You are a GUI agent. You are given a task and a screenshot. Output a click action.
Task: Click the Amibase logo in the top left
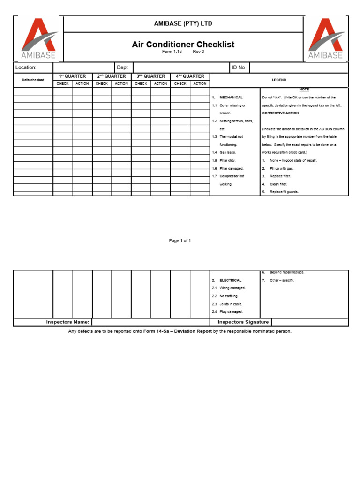(38, 39)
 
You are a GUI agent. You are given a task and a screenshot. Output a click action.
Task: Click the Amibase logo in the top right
(325, 39)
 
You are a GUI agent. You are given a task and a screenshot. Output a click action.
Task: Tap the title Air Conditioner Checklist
(183, 45)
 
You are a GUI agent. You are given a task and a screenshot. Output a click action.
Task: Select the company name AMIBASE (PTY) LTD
(183, 23)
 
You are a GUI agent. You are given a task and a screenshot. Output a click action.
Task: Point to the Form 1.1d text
(172, 52)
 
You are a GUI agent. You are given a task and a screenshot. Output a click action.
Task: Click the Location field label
(26, 67)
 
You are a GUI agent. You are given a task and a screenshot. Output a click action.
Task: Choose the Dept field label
(122, 67)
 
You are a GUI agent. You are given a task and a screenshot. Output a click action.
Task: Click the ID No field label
(238, 67)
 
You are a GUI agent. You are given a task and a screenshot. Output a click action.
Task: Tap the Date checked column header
(33, 80)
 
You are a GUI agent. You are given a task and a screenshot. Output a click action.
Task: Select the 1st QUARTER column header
(72, 76)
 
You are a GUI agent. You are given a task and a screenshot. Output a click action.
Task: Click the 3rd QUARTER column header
(150, 76)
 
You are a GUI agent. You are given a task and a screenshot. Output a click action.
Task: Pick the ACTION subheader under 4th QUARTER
(200, 84)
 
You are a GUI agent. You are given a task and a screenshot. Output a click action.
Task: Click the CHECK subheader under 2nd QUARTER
(102, 84)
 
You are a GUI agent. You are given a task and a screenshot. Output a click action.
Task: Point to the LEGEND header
(279, 80)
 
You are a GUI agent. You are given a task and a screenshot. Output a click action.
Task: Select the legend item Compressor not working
(232, 176)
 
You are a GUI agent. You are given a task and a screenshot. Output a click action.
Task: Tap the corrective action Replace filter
(280, 176)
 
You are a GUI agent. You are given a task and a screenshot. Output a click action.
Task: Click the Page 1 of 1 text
(180, 241)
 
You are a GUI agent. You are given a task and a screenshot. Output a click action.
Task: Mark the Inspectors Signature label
(243, 322)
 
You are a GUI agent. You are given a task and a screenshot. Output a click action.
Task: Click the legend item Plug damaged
(231, 312)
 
